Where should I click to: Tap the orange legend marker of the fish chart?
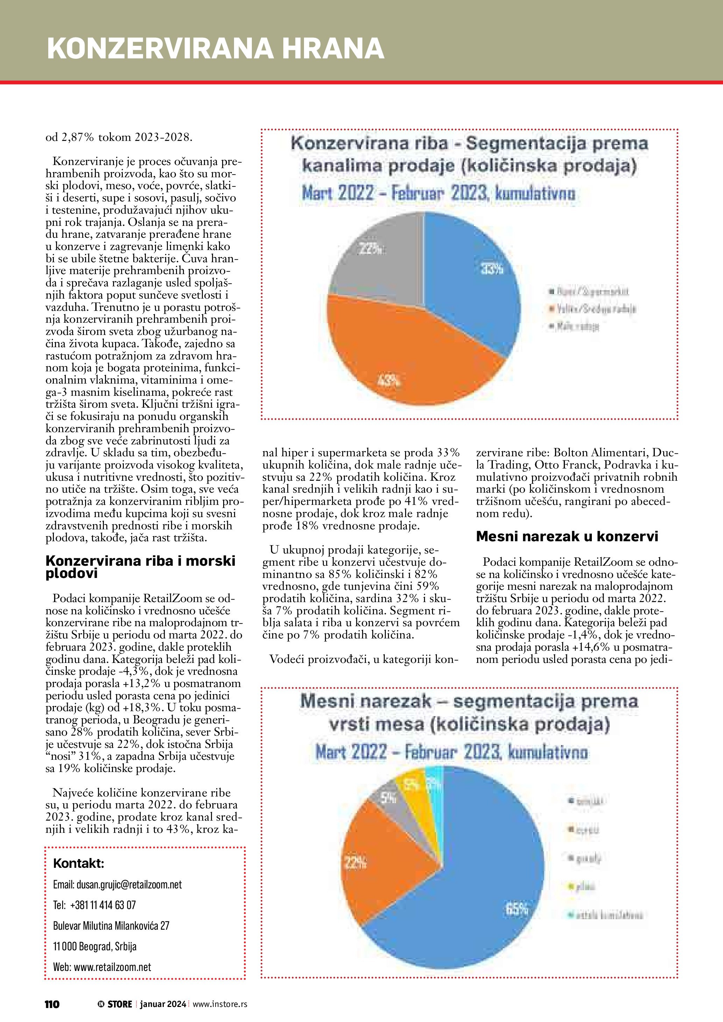click(552, 308)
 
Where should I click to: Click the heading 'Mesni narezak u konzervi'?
click(567, 536)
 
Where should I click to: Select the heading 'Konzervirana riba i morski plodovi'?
click(140, 567)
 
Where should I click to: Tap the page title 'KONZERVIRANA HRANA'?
click(215, 49)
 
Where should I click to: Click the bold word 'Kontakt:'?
click(78, 864)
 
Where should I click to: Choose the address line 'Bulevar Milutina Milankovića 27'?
click(111, 925)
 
